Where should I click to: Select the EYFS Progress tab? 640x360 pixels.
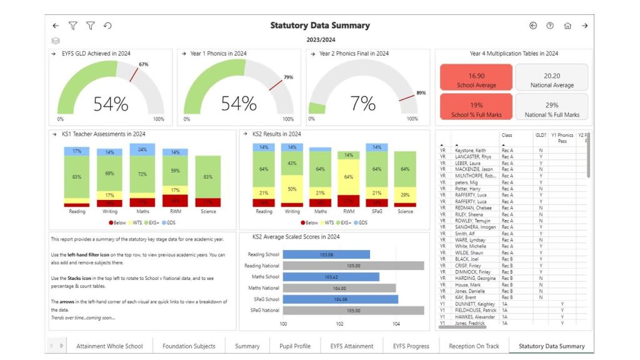click(x=411, y=346)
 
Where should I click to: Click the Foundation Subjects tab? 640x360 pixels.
click(x=189, y=346)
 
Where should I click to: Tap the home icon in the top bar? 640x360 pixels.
click(x=567, y=26)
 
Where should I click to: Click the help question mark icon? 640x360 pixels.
click(x=550, y=26)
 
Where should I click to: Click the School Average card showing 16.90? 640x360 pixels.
click(x=476, y=79)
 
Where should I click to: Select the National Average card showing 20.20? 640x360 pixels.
click(x=551, y=79)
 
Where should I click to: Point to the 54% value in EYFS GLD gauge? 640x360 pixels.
click(x=111, y=104)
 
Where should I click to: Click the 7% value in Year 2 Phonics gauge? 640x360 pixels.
click(x=362, y=104)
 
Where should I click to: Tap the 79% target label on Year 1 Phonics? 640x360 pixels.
click(x=288, y=77)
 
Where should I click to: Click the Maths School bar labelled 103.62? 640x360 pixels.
click(x=331, y=277)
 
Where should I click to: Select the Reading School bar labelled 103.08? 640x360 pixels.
click(x=326, y=254)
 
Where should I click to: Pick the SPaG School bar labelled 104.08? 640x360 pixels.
click(x=340, y=299)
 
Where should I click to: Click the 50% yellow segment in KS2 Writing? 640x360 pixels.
click(x=291, y=189)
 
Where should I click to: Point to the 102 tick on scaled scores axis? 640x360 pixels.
click(x=339, y=324)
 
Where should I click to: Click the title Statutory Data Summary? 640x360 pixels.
click(x=319, y=26)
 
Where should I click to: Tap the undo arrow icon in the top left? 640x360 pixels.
click(x=107, y=26)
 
